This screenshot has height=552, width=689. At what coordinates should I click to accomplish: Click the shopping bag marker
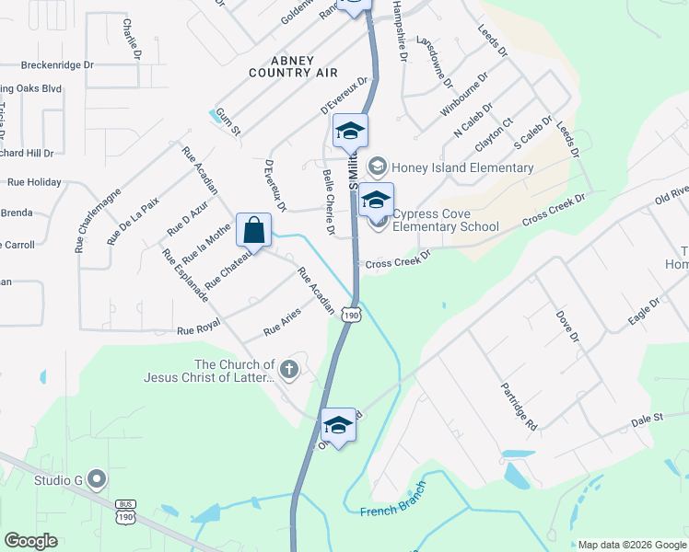click(253, 230)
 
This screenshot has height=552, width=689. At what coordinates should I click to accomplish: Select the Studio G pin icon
click(98, 478)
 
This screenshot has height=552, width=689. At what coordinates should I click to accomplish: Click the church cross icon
click(289, 370)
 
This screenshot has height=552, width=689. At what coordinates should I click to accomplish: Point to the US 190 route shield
click(351, 315)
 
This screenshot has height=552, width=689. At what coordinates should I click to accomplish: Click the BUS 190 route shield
click(126, 512)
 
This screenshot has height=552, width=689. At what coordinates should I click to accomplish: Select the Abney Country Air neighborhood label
click(293, 65)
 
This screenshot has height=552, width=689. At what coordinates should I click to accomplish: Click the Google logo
click(30, 541)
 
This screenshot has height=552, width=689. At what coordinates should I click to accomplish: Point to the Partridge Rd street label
click(519, 406)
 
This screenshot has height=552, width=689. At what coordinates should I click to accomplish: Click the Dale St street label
click(647, 418)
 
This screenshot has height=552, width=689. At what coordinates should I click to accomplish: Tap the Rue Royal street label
click(198, 327)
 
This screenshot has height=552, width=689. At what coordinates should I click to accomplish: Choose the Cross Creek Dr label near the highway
click(398, 262)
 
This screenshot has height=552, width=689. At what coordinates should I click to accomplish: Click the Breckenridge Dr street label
click(59, 65)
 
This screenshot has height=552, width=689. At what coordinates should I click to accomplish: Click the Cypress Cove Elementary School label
click(446, 221)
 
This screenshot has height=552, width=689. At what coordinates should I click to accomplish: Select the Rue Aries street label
click(283, 321)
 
